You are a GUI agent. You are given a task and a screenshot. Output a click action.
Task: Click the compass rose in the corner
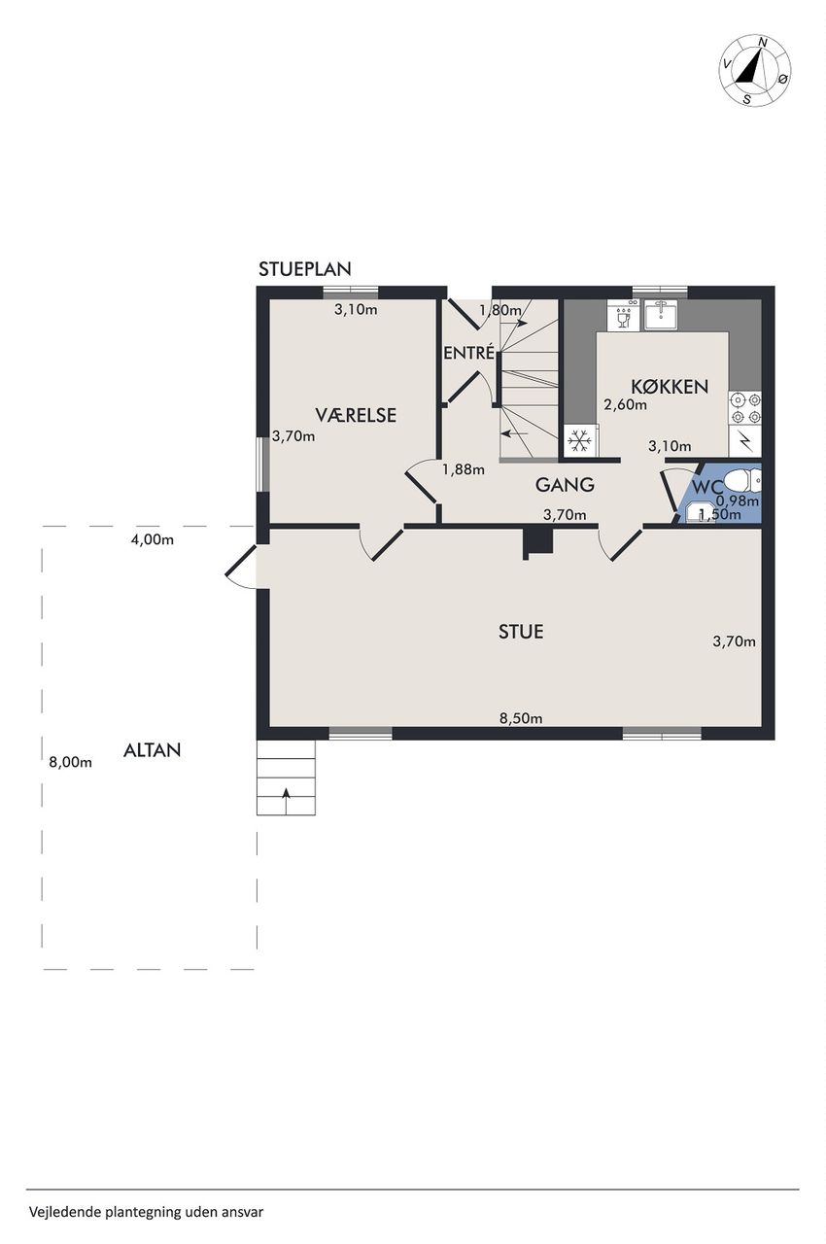(x=755, y=71)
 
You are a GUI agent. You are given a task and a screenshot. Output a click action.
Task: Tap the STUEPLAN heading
(x=305, y=269)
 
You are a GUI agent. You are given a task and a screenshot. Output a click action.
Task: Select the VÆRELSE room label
(x=356, y=415)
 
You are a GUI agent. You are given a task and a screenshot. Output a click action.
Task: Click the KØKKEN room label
(x=670, y=387)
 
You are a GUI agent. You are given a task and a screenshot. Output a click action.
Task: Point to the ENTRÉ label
(x=469, y=353)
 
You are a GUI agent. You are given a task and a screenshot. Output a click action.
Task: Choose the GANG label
(x=565, y=485)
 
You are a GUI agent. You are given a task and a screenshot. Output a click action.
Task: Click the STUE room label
(x=521, y=632)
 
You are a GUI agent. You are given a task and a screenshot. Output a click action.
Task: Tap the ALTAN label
(x=153, y=750)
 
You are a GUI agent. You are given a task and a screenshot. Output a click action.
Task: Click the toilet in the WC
(x=742, y=480)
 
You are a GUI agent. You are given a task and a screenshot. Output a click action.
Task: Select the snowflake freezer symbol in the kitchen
(x=579, y=441)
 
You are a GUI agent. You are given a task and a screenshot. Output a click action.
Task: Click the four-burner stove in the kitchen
(x=745, y=408)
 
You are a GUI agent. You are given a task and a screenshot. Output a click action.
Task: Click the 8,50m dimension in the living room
(x=521, y=718)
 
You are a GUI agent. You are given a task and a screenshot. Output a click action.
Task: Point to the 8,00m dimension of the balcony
(x=71, y=762)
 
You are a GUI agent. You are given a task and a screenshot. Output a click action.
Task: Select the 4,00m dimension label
(x=153, y=539)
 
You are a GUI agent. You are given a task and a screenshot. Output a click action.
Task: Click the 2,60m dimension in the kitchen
(x=625, y=404)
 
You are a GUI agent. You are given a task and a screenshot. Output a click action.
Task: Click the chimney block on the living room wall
(x=538, y=541)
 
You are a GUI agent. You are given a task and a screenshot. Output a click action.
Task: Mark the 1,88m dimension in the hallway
(x=463, y=469)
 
